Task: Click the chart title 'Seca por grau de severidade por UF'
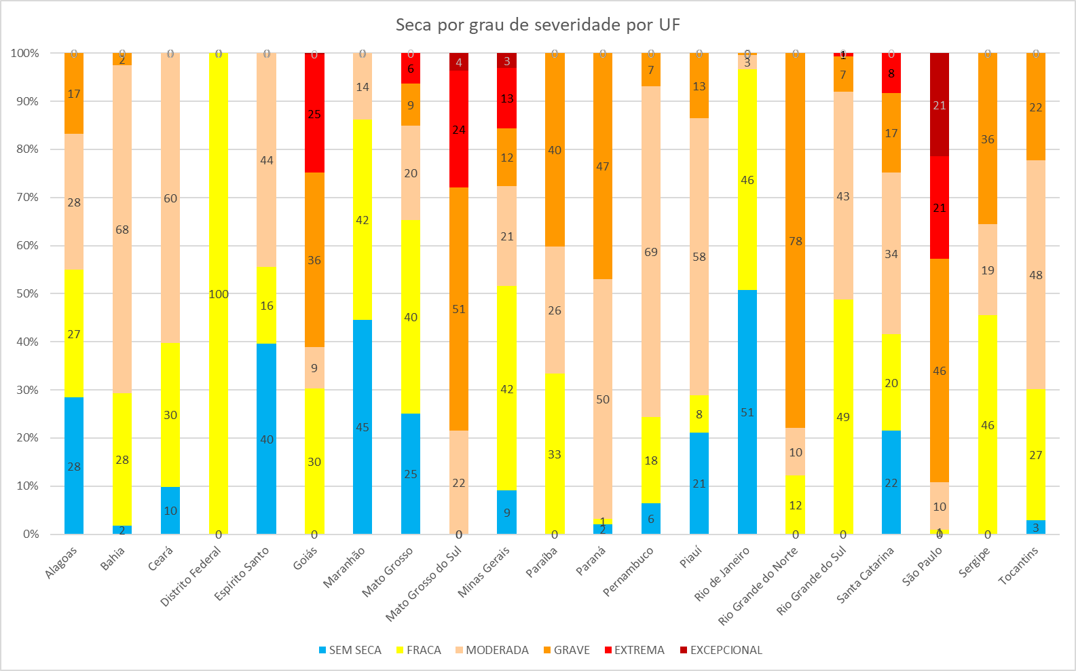click(538, 25)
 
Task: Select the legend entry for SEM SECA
click(350, 650)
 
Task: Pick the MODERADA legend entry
click(491, 650)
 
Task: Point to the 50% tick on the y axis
click(25, 293)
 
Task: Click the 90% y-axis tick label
click(25, 101)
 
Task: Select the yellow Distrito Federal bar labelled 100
click(219, 293)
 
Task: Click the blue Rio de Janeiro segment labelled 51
click(747, 412)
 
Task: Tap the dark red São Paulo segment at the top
click(940, 105)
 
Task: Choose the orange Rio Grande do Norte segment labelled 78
click(796, 240)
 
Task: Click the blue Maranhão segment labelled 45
click(363, 427)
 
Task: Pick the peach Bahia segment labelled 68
click(122, 229)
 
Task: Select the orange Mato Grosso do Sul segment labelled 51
click(459, 308)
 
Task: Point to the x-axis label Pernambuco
click(629, 572)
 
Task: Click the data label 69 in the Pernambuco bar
click(651, 252)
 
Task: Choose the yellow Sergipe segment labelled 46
click(988, 424)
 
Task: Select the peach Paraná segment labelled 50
click(603, 399)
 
